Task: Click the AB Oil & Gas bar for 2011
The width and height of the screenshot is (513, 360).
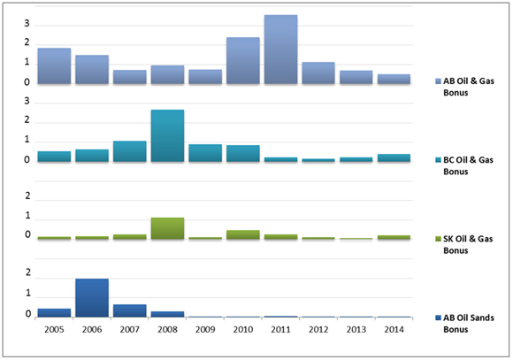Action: [x=280, y=50]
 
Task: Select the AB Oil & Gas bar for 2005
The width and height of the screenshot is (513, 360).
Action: [x=54, y=66]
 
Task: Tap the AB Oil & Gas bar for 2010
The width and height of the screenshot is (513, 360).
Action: [x=243, y=61]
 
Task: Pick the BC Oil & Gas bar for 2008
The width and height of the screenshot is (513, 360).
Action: [x=167, y=135]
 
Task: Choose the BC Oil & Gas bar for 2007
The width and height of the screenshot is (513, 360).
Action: [x=129, y=151]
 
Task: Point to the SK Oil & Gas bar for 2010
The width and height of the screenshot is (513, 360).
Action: [x=243, y=234]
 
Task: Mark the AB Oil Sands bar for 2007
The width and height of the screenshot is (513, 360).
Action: [x=129, y=310]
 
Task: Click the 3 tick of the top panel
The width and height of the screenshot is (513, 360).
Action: [x=27, y=21]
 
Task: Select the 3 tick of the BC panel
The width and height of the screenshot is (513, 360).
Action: [x=27, y=102]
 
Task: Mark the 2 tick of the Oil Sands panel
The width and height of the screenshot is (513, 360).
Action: [x=27, y=274]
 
